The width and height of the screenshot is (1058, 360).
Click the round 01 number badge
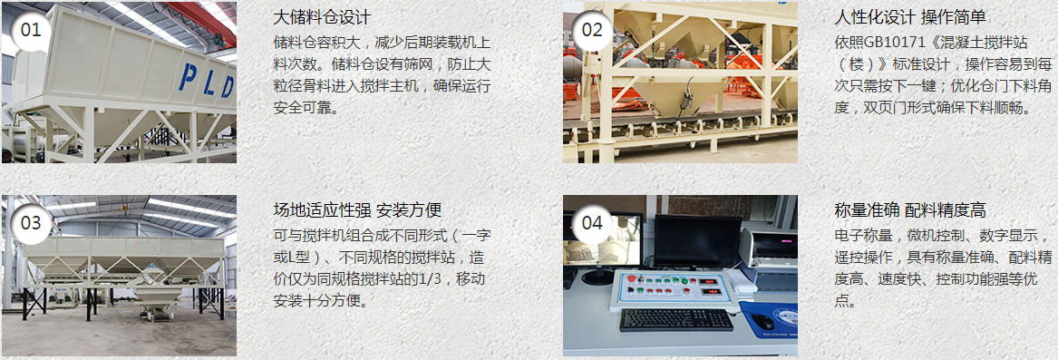pyautogui.click(x=31, y=29)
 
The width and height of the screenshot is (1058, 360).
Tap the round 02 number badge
pyautogui.click(x=591, y=29)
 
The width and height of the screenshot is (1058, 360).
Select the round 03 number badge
pyautogui.click(x=31, y=222)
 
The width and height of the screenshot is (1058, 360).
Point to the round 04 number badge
pyautogui.click(x=591, y=222)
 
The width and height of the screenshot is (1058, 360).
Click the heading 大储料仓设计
pyautogui.click(x=322, y=18)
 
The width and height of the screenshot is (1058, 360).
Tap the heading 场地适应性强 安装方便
pyautogui.click(x=357, y=210)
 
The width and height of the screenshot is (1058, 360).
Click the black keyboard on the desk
pyautogui.click(x=676, y=319)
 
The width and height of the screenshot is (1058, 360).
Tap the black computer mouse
pyautogui.click(x=763, y=323)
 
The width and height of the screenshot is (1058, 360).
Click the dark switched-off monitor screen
pyautogui.click(x=697, y=239)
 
